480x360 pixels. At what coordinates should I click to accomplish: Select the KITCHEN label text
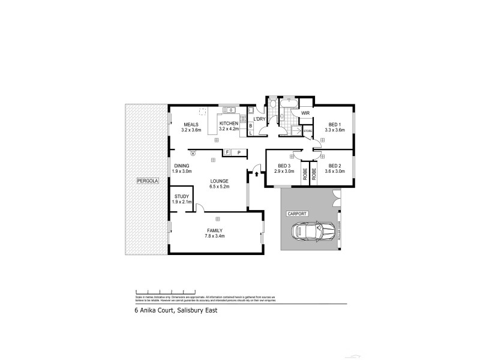pyautogui.click(x=229, y=124)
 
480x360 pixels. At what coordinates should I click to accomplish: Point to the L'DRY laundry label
pyautogui.click(x=259, y=119)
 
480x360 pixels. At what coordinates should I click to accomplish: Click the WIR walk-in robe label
pyautogui.click(x=305, y=113)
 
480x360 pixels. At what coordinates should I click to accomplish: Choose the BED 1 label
pyautogui.click(x=334, y=124)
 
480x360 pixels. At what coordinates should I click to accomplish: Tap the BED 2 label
pyautogui.click(x=334, y=167)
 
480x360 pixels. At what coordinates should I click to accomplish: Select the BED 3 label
pyautogui.click(x=284, y=167)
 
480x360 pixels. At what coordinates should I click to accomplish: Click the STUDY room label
pyautogui.click(x=181, y=196)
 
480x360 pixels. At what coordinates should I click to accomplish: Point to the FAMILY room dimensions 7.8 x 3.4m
pyautogui.click(x=215, y=236)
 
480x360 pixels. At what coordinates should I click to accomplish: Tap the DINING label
pyautogui.click(x=182, y=166)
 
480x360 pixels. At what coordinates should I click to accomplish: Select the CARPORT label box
pyautogui.click(x=297, y=213)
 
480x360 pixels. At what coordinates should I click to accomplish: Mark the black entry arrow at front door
pyautogui.click(x=257, y=175)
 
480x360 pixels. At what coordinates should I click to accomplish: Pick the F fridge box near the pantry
pyautogui.click(x=228, y=153)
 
